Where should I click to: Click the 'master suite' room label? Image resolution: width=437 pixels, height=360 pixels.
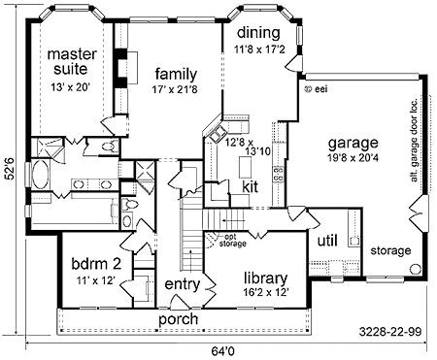click(x=72, y=61)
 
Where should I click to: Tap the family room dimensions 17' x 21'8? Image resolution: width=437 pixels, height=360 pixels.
click(x=175, y=89)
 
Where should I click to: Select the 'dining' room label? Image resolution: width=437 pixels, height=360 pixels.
click(x=258, y=33)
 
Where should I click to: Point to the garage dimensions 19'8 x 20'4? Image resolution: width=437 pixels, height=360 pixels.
click(x=353, y=158)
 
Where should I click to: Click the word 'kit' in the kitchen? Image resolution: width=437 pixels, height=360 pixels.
click(x=251, y=187)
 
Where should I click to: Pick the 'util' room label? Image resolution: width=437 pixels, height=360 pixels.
click(x=327, y=241)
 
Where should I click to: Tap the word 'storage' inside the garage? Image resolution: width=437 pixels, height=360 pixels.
click(x=390, y=250)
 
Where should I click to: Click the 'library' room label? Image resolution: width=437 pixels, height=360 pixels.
click(x=265, y=278)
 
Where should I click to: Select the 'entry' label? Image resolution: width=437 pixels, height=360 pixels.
click(x=183, y=285)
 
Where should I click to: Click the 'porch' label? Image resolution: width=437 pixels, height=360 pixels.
click(x=179, y=319)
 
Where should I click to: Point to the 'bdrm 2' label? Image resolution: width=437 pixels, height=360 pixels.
click(x=96, y=264)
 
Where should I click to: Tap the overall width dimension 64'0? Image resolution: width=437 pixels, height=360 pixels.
click(x=222, y=351)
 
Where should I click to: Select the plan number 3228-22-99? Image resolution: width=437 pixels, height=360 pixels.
click(x=390, y=332)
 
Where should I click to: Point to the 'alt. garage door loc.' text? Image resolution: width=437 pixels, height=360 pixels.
click(x=414, y=140)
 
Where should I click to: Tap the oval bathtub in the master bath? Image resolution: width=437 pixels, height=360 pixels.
click(x=40, y=174)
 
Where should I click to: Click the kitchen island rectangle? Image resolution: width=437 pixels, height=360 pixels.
click(x=245, y=167)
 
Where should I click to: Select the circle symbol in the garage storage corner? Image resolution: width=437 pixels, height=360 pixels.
click(x=415, y=269)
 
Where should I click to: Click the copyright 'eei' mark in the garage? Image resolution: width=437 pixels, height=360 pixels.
click(x=317, y=88)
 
